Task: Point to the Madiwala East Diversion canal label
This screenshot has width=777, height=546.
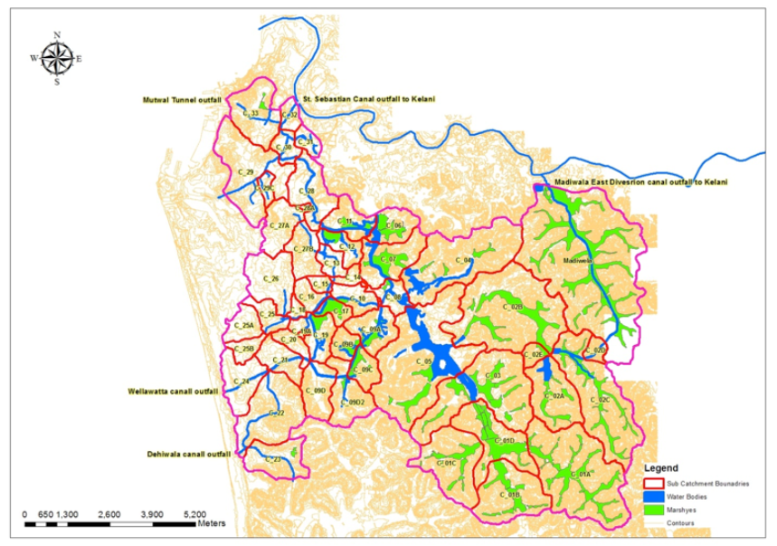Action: (641, 183)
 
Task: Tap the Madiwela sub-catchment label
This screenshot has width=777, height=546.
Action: (577, 261)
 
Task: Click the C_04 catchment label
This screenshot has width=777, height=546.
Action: (463, 261)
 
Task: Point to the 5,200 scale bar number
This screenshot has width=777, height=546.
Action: (193, 513)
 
